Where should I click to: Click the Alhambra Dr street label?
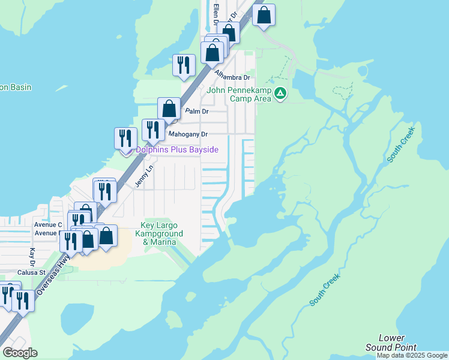[232, 77]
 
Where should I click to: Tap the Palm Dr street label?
[196, 111]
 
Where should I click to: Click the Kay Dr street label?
[32, 256]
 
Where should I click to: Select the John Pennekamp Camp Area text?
[239, 95]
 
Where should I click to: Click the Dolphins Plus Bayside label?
[176, 149]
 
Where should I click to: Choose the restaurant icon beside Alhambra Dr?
[184, 65]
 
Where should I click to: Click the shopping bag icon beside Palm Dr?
[169, 109]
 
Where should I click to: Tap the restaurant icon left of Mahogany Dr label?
[152, 130]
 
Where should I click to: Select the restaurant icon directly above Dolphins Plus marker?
[125, 137]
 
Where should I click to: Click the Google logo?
[20, 352]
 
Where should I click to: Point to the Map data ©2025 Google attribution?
[412, 355]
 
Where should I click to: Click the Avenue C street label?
[48, 224]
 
